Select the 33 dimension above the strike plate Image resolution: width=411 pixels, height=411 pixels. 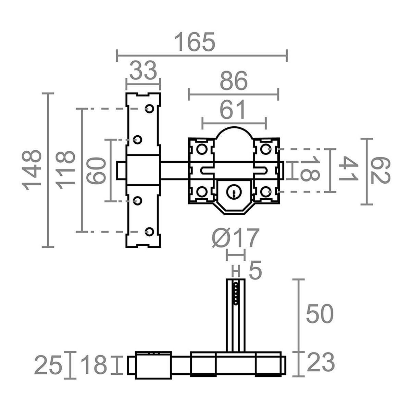(143, 71)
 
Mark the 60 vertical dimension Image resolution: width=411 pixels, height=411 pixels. (95, 170)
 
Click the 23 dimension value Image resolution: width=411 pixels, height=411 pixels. (321, 363)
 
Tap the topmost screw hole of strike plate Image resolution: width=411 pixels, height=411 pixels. (149, 109)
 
